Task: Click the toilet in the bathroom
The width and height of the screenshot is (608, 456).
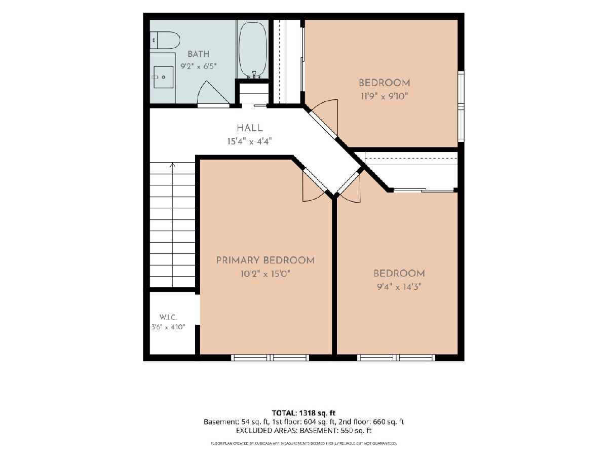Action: (x=165, y=40)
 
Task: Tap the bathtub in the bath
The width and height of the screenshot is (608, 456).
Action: (x=253, y=49)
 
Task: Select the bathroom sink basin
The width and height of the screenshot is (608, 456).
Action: (x=164, y=77)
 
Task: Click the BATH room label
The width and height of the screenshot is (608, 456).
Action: (x=198, y=54)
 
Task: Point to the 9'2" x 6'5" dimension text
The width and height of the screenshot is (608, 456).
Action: (x=198, y=66)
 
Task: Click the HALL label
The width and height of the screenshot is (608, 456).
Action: (x=250, y=128)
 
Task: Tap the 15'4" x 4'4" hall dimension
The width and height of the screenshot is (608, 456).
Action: (x=250, y=142)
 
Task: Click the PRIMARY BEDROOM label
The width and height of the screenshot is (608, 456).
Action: (x=265, y=260)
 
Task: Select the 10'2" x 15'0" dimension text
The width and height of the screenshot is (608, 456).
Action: (x=265, y=274)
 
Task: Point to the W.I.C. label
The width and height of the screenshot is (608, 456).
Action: (x=168, y=317)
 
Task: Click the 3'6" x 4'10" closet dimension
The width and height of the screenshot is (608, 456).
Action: (x=168, y=327)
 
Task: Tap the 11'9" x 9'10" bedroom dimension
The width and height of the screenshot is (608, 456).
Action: (x=385, y=96)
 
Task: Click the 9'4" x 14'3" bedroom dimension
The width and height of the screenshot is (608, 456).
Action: (x=399, y=287)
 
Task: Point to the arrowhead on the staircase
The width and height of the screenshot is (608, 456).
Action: (x=173, y=165)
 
